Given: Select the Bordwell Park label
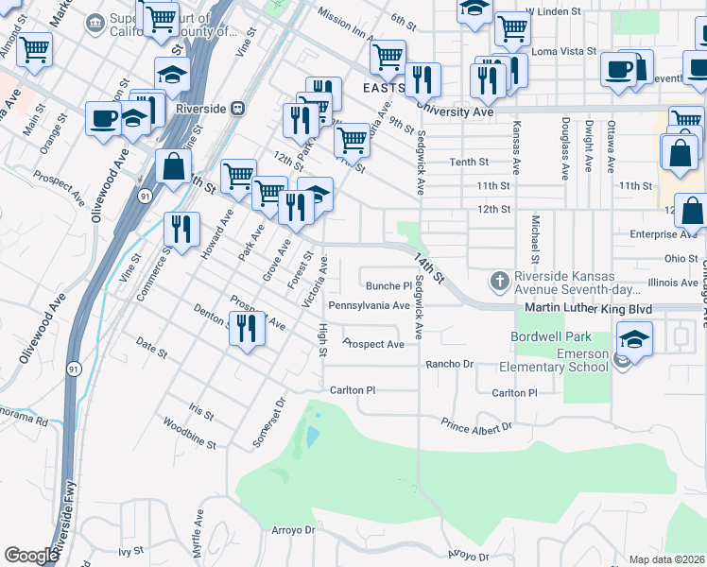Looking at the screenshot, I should click(x=551, y=336).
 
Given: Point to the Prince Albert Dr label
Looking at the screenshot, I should click(x=477, y=428).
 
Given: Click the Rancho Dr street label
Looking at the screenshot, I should click(x=448, y=364).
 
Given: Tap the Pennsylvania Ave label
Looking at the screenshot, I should click(x=369, y=306).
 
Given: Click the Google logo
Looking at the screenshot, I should click(x=31, y=556).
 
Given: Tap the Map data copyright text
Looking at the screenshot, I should click(x=667, y=559).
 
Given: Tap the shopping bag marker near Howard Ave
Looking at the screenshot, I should click(x=175, y=167).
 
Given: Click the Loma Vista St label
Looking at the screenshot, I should click(x=564, y=52).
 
